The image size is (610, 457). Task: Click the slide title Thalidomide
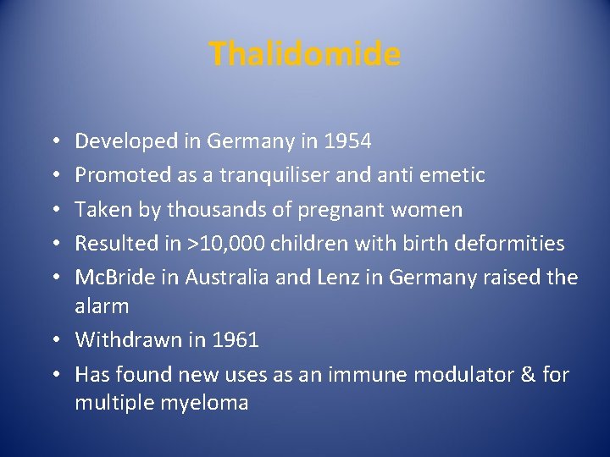click(x=304, y=54)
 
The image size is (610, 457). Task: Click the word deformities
click(x=513, y=244)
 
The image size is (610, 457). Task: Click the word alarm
click(x=102, y=306)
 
